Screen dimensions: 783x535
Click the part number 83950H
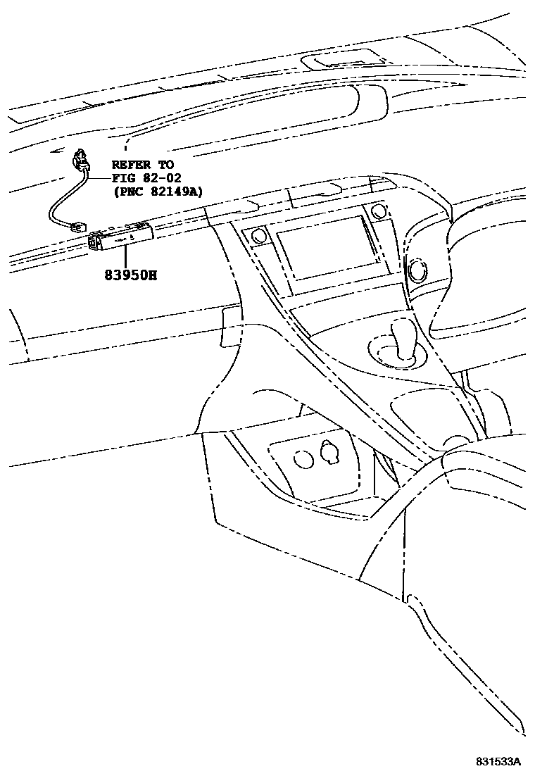127,275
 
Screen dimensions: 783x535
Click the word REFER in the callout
130,164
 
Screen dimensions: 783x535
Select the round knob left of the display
256,237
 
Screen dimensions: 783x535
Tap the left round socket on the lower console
304,458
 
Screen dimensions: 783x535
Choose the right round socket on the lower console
329,451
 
